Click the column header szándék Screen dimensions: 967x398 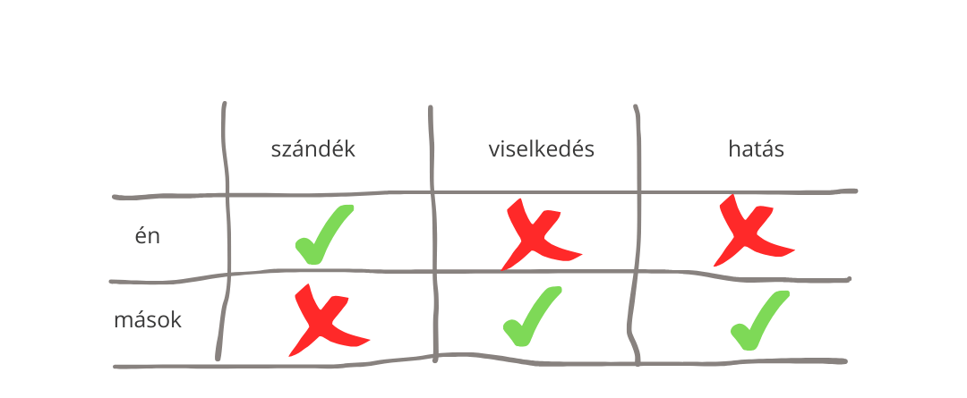pos(313,149)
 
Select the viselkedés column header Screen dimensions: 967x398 pos(542,149)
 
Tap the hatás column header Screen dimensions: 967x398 pos(756,149)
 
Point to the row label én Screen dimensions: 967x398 pos(148,234)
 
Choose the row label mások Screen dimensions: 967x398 pos(148,320)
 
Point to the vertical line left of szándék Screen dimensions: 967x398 pos(226,231)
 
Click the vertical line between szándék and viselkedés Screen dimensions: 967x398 pos(433,234)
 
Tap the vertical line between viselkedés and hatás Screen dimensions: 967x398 pos(636,234)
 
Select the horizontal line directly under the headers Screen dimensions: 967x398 pos(484,193)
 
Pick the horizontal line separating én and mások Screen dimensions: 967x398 pos(480,272)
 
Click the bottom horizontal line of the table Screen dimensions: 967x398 pos(480,362)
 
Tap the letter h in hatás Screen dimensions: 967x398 pos(734,148)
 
